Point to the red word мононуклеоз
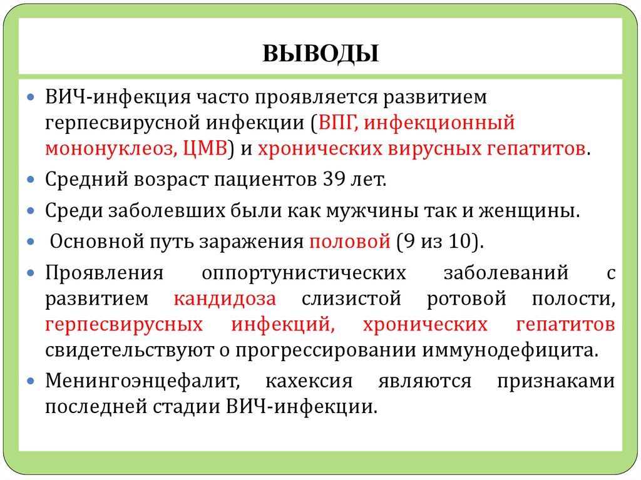[110, 150]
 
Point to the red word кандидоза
[225, 299]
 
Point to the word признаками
[556, 380]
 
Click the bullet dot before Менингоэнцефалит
[32, 380]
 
